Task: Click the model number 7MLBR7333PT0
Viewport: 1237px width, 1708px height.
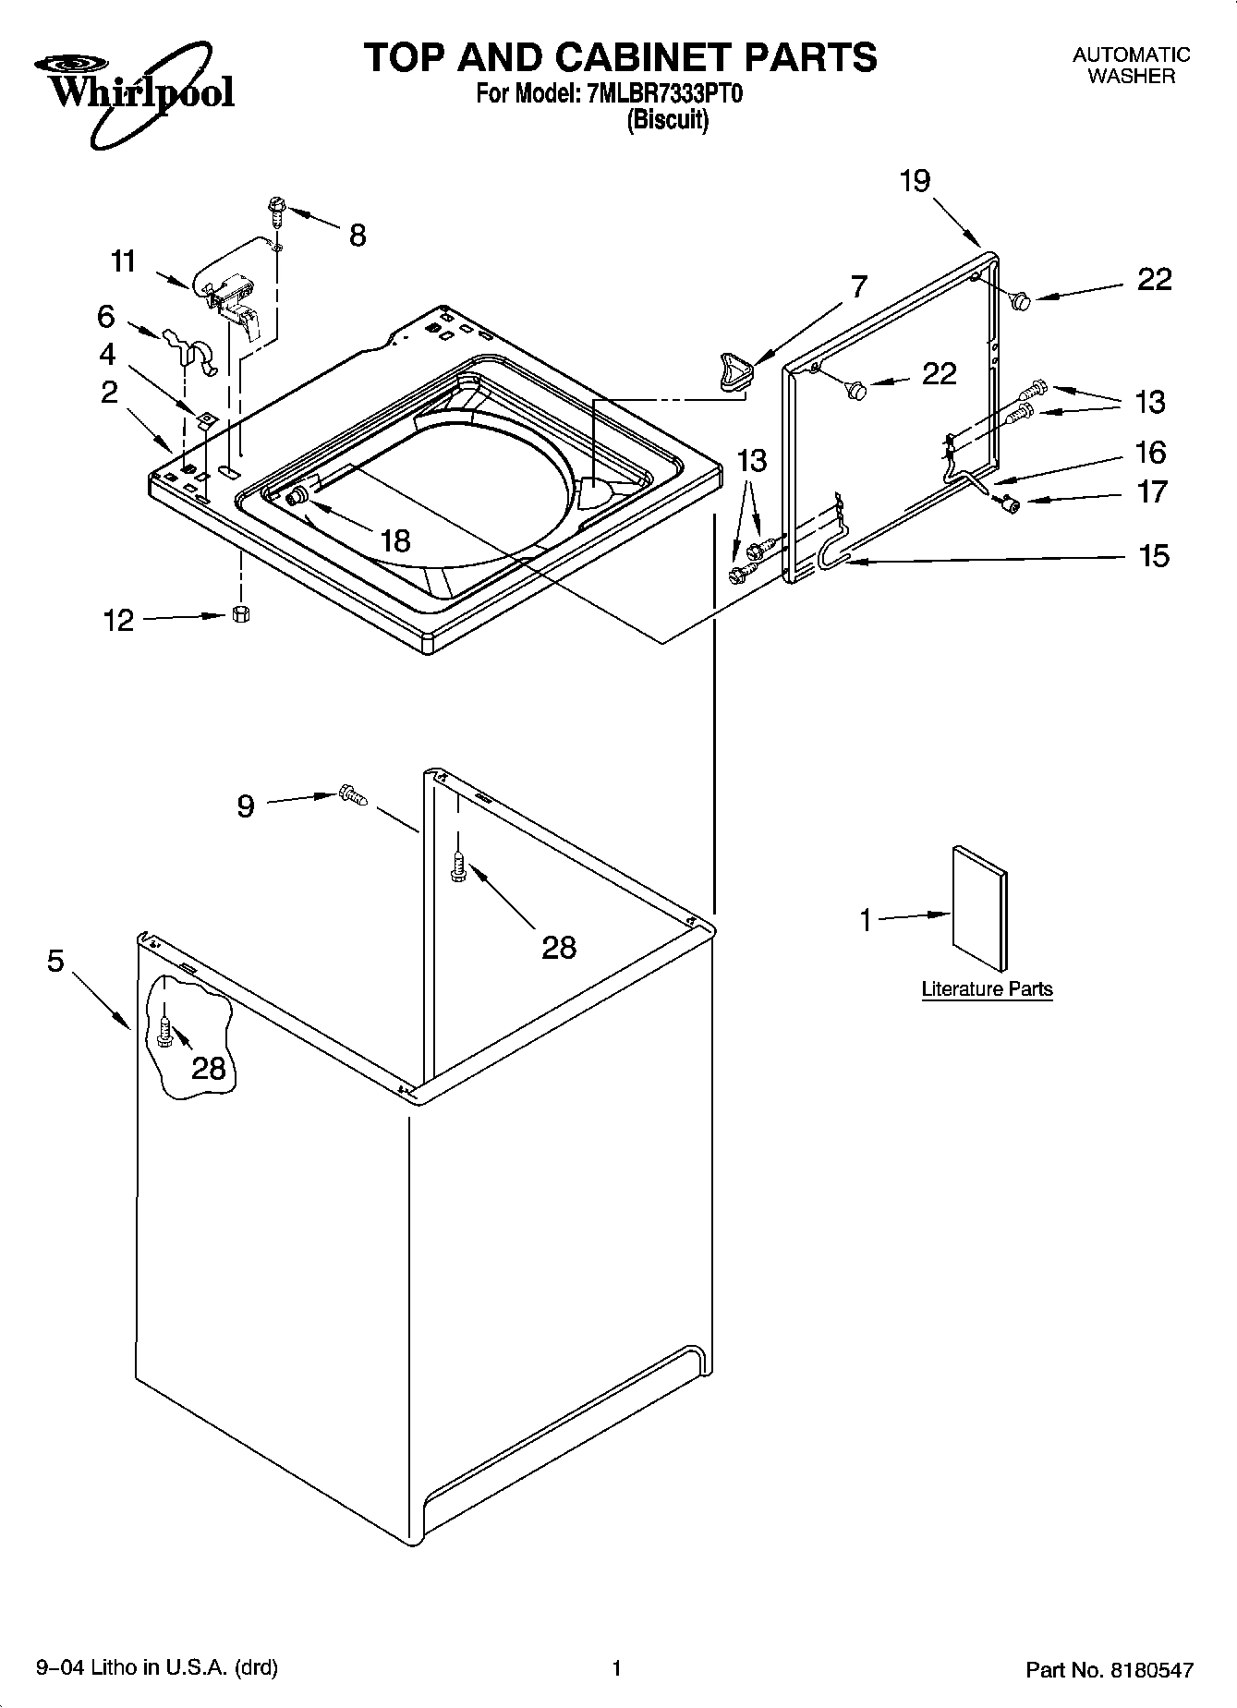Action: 662,94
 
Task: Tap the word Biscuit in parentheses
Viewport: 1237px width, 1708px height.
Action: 667,121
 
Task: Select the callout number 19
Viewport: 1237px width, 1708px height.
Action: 915,181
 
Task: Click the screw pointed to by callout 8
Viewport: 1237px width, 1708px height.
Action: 275,210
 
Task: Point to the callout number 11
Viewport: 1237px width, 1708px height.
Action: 123,261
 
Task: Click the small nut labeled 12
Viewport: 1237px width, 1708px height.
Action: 241,614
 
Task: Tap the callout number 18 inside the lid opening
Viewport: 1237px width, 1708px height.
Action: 394,540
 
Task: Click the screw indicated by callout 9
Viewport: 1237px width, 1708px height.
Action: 352,795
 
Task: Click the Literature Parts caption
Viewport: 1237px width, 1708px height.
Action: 987,989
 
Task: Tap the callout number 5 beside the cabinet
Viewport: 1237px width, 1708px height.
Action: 55,961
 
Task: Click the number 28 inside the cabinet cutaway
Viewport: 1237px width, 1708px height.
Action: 209,1069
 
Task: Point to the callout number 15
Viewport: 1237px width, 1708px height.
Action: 1154,555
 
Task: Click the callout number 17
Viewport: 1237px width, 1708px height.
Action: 1152,491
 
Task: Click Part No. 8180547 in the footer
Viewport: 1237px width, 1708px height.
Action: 1110,1670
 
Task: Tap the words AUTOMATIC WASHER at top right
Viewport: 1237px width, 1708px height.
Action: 1131,66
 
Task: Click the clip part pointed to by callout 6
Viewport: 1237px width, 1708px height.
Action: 190,347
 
